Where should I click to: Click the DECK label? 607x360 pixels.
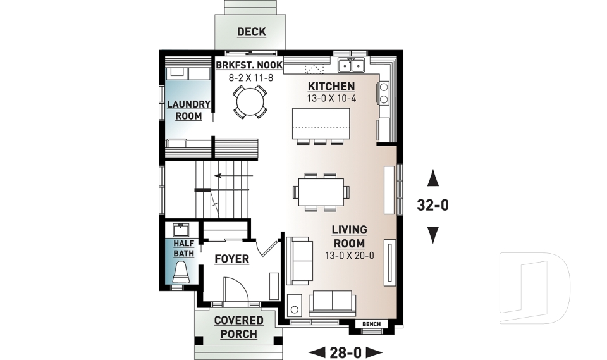click(x=251, y=32)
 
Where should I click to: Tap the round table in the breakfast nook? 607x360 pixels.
click(x=248, y=102)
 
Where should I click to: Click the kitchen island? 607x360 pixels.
click(x=320, y=123)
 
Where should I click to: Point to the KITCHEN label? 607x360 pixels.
click(x=331, y=86)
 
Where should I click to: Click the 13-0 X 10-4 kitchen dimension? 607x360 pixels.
click(x=331, y=98)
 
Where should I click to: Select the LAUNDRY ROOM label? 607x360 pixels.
click(x=188, y=110)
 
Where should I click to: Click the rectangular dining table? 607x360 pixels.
click(x=320, y=190)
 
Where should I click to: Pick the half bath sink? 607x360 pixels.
click(x=183, y=229)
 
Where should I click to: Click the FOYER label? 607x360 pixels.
click(x=231, y=259)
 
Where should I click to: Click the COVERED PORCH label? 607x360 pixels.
click(x=238, y=327)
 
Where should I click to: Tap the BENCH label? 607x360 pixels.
click(x=371, y=325)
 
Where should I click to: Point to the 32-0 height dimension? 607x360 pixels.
click(x=432, y=205)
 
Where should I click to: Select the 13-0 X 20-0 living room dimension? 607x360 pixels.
click(x=348, y=256)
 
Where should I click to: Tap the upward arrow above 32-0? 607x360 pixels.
click(x=432, y=178)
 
